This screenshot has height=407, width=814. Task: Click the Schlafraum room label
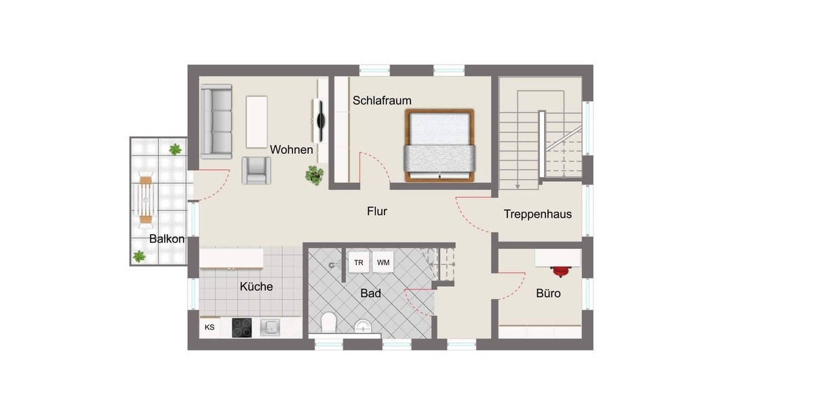pyautogui.click(x=382, y=100)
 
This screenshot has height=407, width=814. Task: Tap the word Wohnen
pyautogui.click(x=292, y=149)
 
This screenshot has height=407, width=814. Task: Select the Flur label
pyautogui.click(x=376, y=212)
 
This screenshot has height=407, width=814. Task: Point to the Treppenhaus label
pyautogui.click(x=537, y=214)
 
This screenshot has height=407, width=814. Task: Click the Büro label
pyautogui.click(x=548, y=294)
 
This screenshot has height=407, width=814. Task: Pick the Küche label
pyautogui.click(x=256, y=287)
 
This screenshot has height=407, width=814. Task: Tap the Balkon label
pyautogui.click(x=167, y=239)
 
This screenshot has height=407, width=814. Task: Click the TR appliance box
pyautogui.click(x=358, y=263)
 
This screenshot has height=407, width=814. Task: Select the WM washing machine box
pyautogui.click(x=383, y=263)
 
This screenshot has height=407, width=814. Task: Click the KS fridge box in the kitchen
pyautogui.click(x=210, y=328)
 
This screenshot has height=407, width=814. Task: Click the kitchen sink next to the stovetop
pyautogui.click(x=271, y=328)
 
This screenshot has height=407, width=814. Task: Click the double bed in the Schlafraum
pyautogui.click(x=439, y=146)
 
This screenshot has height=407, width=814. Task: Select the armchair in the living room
pyautogui.click(x=256, y=170)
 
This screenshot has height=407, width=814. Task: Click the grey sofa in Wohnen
pyautogui.click(x=216, y=119)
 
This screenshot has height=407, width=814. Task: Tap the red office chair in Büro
pyautogui.click(x=561, y=271)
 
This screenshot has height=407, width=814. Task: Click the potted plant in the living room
pyautogui.click(x=314, y=176)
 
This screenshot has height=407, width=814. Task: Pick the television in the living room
pyautogui.click(x=319, y=119)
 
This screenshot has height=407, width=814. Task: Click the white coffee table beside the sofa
pyautogui.click(x=256, y=121)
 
